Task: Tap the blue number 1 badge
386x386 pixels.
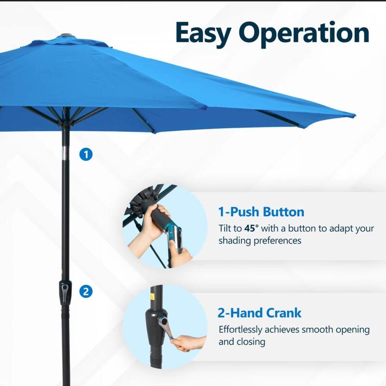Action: click(86, 154)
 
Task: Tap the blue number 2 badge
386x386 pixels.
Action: click(86, 291)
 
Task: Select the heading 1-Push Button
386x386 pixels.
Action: click(261, 211)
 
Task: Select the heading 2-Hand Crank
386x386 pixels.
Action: click(260, 313)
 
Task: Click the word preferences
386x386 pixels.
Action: click(277, 240)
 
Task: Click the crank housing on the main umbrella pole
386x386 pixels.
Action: click(65, 292)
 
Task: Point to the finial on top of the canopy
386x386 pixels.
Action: click(66, 36)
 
